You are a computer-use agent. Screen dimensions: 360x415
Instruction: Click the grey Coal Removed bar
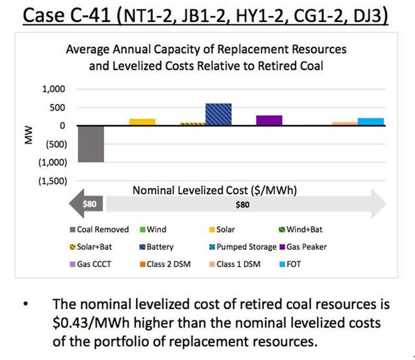(91, 144)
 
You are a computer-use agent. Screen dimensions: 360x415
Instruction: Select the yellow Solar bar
(142, 122)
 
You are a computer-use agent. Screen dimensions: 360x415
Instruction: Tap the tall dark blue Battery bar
(218, 115)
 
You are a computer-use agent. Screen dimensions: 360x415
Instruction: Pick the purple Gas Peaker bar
(269, 121)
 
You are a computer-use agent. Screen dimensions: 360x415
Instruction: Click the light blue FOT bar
(371, 122)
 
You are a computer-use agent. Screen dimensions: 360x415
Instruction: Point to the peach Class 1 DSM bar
(345, 124)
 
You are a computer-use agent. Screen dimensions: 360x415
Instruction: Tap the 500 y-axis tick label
(57, 108)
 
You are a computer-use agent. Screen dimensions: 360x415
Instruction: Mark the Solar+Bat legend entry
(92, 247)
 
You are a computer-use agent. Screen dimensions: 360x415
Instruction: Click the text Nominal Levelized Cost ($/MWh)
(215, 190)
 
